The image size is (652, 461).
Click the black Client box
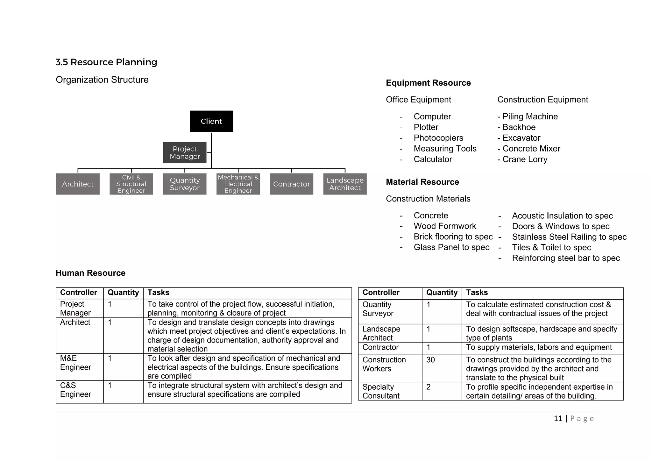(211, 121)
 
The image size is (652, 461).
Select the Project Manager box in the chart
(185, 153)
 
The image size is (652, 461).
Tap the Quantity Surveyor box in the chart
(185, 184)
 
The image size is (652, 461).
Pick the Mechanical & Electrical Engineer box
(238, 184)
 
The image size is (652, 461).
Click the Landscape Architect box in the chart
(345, 184)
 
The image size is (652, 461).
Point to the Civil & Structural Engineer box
(131, 184)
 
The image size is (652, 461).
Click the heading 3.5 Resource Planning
(106, 62)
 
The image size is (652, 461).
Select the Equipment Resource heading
(428, 83)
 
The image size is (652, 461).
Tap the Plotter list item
(426, 127)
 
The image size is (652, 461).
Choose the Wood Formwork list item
(445, 226)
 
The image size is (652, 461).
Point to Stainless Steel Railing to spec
(569, 237)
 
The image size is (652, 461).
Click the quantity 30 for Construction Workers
(430, 360)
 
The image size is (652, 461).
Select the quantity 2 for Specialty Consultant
(429, 387)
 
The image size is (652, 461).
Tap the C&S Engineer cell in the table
(75, 390)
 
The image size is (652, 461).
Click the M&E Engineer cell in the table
(75, 363)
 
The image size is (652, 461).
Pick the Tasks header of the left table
(158, 293)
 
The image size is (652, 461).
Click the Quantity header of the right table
(442, 293)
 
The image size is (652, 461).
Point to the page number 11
(558, 418)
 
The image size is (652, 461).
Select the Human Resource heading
(90, 273)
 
